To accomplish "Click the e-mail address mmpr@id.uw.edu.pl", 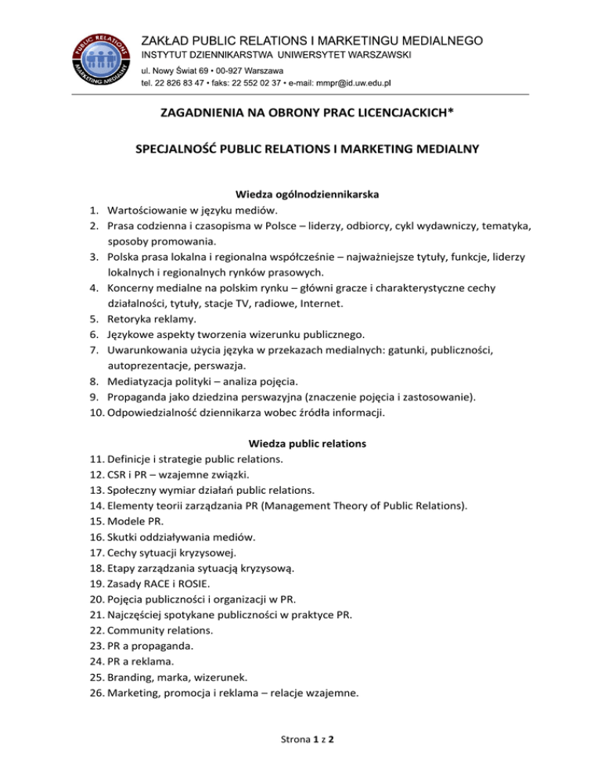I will [347, 82].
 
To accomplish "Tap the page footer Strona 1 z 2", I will [300, 758].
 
